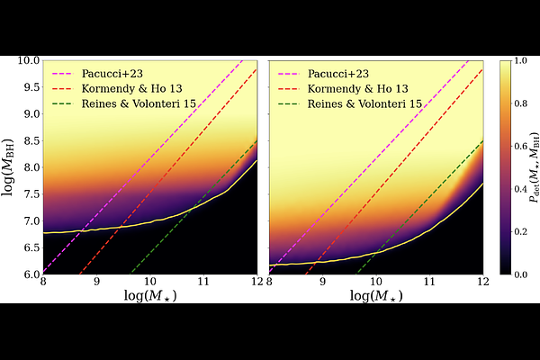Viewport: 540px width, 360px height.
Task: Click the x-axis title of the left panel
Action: point(150,296)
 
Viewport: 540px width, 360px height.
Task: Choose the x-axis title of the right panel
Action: point(376,296)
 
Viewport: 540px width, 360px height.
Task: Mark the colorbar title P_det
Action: point(533,167)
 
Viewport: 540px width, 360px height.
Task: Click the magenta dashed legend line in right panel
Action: point(289,73)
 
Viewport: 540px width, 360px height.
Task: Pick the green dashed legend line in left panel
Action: point(63,103)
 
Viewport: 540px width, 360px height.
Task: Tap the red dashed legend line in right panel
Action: point(289,88)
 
